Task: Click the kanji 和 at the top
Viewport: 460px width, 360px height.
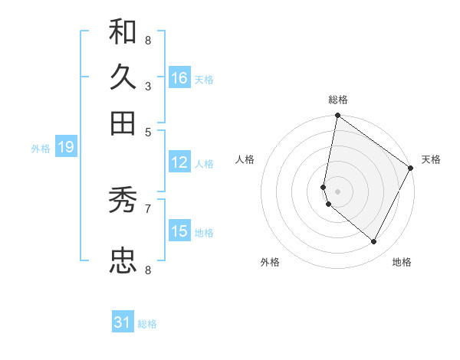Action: [123, 31]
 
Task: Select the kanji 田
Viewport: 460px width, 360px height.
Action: [123, 122]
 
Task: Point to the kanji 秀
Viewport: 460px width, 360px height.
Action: [123, 201]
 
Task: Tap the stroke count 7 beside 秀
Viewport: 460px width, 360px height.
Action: [147, 208]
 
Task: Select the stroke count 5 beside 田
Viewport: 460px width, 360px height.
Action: [147, 131]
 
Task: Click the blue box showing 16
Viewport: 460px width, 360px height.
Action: [179, 77]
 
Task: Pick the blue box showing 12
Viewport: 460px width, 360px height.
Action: [179, 162]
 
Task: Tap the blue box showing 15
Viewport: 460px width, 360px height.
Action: [179, 231]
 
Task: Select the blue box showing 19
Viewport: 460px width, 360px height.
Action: [65, 147]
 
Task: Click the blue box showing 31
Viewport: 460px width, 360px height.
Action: [123, 322]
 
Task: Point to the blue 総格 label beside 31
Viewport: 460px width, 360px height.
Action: [147, 324]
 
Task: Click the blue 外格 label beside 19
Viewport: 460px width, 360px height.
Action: [41, 149]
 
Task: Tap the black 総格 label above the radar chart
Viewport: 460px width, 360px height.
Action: [338, 100]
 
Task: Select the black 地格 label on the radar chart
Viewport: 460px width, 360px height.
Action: [402, 262]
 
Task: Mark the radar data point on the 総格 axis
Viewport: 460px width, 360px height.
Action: [337, 116]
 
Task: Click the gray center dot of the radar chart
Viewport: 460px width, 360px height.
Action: [337, 191]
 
